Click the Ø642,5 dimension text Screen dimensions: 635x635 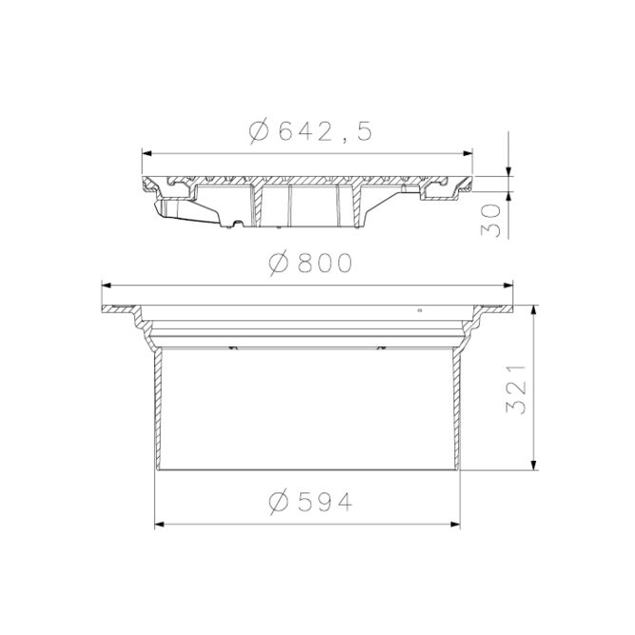pos(310,131)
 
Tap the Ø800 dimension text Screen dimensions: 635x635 pos(310,262)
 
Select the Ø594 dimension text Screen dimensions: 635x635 pos(310,502)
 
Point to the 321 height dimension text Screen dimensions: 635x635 pos(516,389)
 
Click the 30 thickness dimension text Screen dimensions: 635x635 pos(491,220)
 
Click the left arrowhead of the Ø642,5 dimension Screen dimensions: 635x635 pos(146,153)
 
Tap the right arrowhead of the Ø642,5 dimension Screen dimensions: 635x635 pos(468,153)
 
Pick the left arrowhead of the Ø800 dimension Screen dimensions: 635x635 pos(106,285)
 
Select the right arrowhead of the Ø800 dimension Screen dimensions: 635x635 pos(509,285)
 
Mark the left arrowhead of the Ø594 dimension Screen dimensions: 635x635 pos(160,525)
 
